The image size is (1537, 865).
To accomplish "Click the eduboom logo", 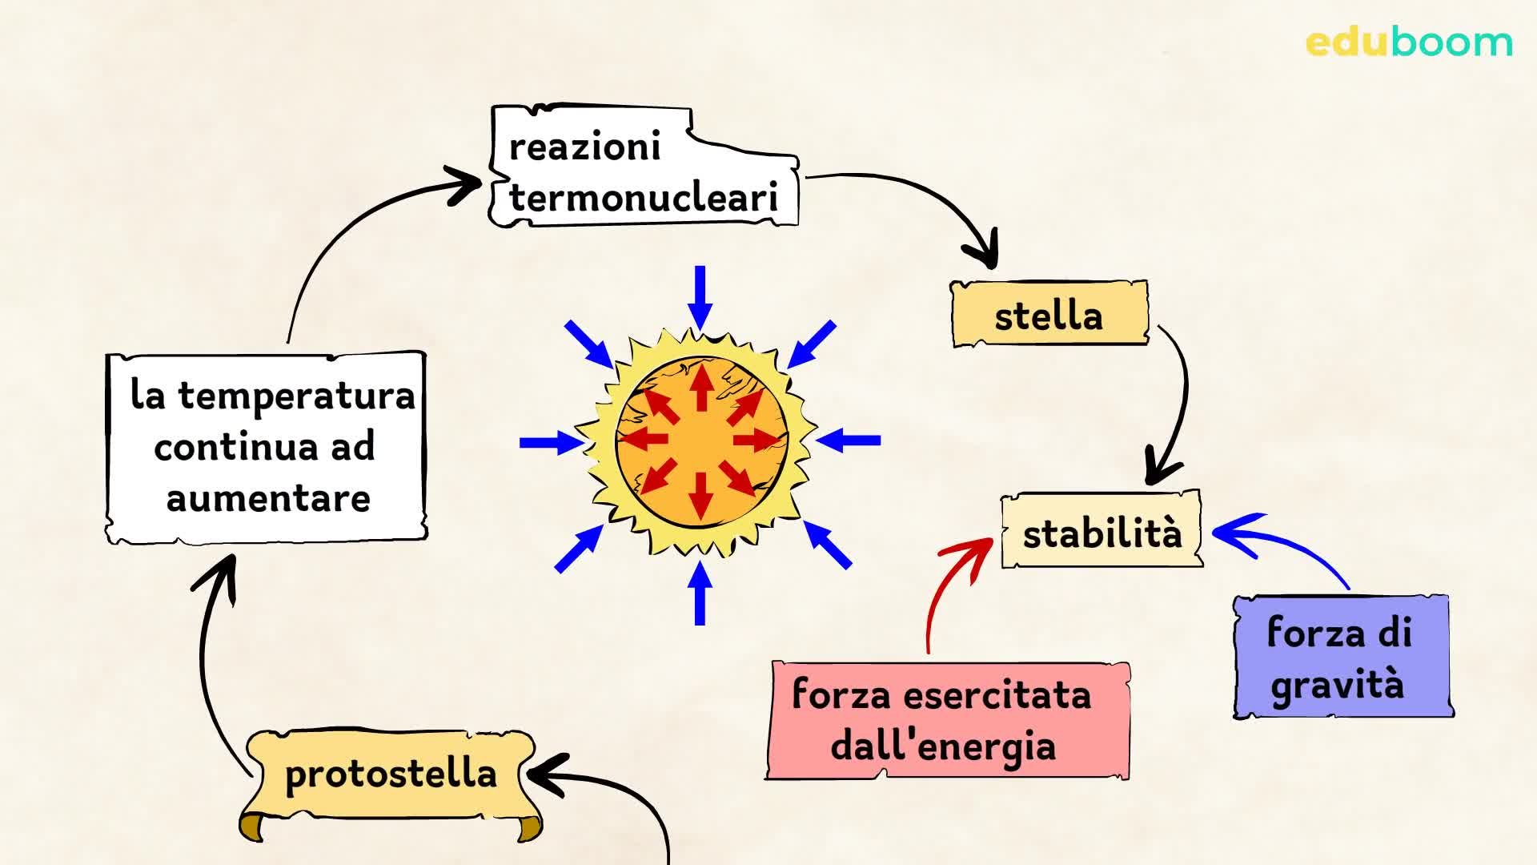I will click(x=1408, y=42).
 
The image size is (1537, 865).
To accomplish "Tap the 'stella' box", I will click(x=1049, y=315).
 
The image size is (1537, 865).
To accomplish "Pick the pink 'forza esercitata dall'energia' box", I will click(x=946, y=719).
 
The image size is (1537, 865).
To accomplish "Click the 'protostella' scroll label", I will click(x=391, y=774).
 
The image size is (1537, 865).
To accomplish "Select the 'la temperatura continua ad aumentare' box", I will click(x=266, y=447).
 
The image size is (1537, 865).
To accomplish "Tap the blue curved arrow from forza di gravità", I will click(x=1281, y=545).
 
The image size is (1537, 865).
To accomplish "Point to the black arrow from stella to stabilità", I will click(x=1180, y=400).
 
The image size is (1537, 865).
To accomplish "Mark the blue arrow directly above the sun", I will click(x=700, y=296).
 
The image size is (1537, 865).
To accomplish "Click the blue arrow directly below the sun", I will click(x=700, y=593).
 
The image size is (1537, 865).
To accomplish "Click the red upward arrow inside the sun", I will click(x=701, y=388).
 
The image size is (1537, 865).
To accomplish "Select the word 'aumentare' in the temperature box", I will click(x=268, y=499).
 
